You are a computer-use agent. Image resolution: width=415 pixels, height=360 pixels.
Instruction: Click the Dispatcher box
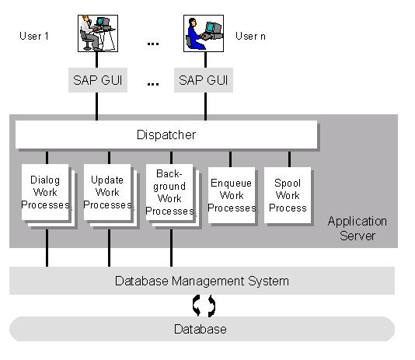(x=166, y=135)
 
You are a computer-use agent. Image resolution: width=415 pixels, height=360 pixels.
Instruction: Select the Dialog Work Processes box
(x=45, y=192)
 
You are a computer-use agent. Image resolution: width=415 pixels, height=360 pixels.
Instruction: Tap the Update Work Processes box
(x=107, y=192)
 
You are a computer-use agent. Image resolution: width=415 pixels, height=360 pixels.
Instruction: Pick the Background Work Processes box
(x=169, y=192)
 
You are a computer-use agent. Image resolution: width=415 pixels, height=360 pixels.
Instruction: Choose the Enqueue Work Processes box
(x=232, y=195)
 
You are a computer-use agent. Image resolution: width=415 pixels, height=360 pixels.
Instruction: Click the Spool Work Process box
(x=288, y=195)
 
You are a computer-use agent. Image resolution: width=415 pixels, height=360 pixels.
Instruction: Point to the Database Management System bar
(x=202, y=281)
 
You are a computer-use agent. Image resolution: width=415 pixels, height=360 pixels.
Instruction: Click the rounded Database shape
(x=202, y=329)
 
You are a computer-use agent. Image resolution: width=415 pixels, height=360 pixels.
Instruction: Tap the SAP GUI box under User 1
(x=98, y=80)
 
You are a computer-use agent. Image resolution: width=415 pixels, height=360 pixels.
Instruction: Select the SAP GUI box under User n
(x=204, y=80)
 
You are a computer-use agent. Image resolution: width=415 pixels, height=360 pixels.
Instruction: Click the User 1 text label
(x=34, y=36)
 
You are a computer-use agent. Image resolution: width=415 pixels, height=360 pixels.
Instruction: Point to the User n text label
(x=250, y=36)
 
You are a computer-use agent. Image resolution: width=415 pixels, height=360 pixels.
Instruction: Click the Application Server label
(x=357, y=229)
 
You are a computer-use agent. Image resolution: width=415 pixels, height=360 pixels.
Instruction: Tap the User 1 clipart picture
(x=98, y=33)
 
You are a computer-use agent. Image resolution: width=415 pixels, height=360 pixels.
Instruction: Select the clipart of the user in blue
(x=204, y=33)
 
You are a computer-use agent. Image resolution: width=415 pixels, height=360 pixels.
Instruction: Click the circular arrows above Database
(x=204, y=306)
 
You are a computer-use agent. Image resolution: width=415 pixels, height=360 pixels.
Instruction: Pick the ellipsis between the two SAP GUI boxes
(x=153, y=84)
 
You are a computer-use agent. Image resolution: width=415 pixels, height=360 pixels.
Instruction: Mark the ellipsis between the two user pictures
(x=153, y=44)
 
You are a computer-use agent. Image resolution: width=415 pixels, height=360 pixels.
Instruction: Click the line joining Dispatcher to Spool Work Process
(x=289, y=159)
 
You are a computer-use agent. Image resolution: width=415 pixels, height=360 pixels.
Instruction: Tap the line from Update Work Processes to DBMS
(x=109, y=248)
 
